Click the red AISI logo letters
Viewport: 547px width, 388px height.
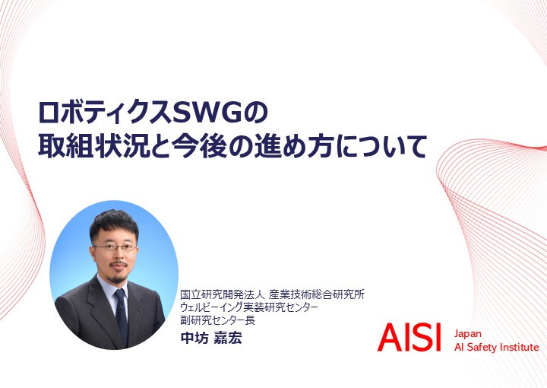(x=409, y=337)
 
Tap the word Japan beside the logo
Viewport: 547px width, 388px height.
(x=467, y=334)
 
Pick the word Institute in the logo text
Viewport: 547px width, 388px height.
(x=520, y=347)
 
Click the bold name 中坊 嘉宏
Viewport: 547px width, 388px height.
(x=211, y=338)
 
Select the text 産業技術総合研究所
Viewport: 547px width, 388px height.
(x=316, y=294)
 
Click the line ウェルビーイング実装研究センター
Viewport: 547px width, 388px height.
(x=249, y=307)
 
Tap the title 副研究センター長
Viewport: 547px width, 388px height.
(x=217, y=320)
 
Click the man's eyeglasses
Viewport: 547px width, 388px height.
(x=115, y=247)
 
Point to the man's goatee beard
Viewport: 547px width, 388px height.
(x=117, y=278)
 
